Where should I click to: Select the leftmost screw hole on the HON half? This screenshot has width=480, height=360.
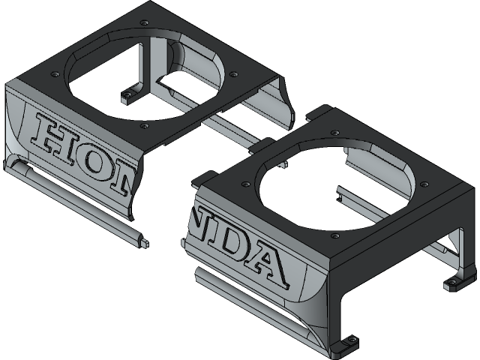pos(55,74)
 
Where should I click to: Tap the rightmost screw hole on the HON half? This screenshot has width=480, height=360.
pos(234,74)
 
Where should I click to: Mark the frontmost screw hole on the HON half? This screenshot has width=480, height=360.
pos(142,127)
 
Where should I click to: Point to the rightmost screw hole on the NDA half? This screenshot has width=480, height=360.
pos(424,184)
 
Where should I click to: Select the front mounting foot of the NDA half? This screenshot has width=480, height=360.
pos(346,343)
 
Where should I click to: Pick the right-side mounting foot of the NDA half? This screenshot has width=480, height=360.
pos(453,284)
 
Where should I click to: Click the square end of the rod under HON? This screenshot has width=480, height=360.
pos(142,241)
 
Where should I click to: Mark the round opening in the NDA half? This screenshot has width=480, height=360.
pos(334,184)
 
